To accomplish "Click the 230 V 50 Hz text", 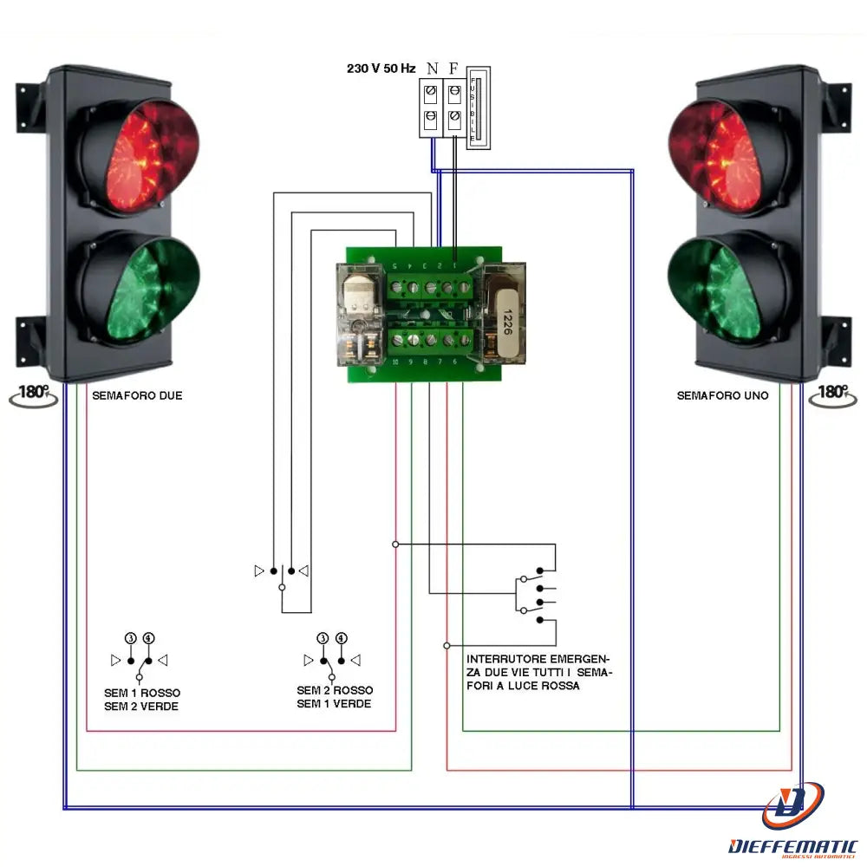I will (x=381, y=68).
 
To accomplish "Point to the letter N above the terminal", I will (x=432, y=68).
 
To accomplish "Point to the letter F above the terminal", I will (x=453, y=68).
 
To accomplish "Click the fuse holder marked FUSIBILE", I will (x=478, y=108).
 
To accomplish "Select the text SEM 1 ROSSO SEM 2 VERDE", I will (x=141, y=700).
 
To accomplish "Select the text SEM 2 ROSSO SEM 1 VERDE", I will (x=335, y=697).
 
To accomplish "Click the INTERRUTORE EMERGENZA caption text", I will (x=538, y=672).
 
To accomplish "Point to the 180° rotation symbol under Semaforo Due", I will (x=33, y=394).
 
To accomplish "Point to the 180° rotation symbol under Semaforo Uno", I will (x=831, y=394).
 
